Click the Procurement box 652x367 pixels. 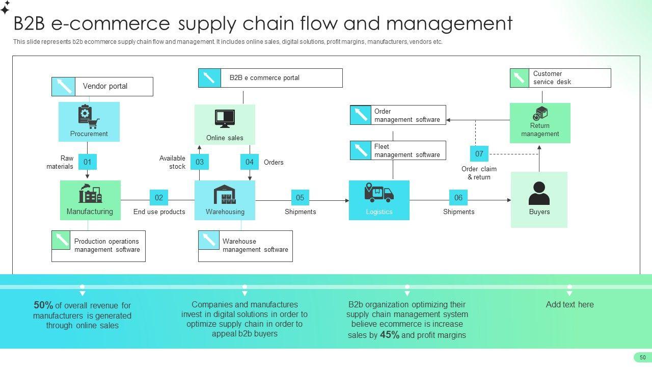(x=89, y=122)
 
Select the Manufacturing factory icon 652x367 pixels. (x=90, y=194)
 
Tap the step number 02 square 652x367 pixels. (x=159, y=198)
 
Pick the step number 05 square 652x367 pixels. (x=300, y=198)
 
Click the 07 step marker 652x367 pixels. (x=479, y=153)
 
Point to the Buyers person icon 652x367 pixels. (x=539, y=193)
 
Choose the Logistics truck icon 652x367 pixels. (x=379, y=193)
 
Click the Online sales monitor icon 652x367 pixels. (x=225, y=119)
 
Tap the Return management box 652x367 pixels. (x=540, y=123)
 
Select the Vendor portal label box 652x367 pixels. (x=102, y=87)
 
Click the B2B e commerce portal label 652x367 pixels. (x=270, y=78)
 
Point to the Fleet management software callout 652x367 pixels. (x=398, y=150)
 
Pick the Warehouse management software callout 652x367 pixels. (x=246, y=246)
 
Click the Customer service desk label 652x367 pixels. (x=560, y=78)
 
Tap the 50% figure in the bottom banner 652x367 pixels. (x=43, y=305)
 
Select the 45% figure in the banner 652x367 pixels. (x=390, y=335)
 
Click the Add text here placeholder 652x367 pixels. (x=569, y=305)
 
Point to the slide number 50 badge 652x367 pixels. (x=642, y=357)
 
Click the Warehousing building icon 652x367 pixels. (x=225, y=194)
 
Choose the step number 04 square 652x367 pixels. (x=250, y=162)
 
